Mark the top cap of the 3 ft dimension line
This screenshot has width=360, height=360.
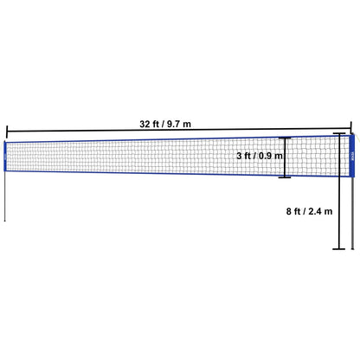pos(284,137)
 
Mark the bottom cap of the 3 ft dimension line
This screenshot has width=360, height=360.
pos(284,178)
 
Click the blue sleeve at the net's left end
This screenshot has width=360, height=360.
pos(7,157)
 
